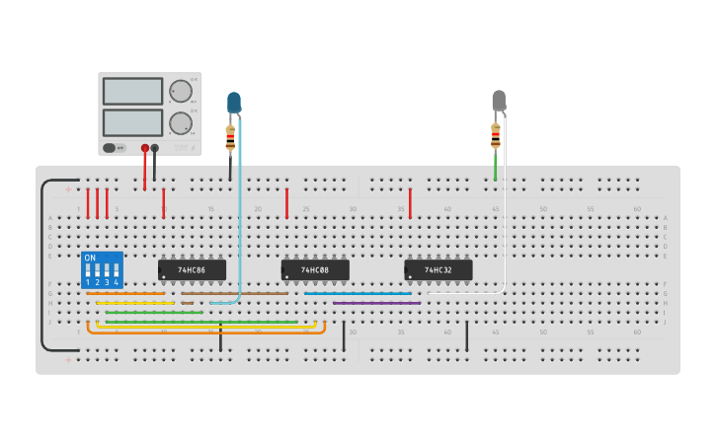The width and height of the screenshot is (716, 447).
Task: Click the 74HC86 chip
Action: click(x=192, y=269)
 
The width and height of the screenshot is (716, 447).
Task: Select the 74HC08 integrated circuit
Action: click(x=315, y=269)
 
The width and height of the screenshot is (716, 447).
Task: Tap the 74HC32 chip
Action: click(x=438, y=269)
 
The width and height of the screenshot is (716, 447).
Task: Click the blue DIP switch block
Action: click(x=102, y=269)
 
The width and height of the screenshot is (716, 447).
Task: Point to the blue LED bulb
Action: click(x=234, y=102)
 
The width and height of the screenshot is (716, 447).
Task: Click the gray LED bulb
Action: click(x=499, y=100)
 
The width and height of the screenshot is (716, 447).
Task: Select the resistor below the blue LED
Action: click(x=231, y=139)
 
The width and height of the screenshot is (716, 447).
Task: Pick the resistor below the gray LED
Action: click(x=496, y=136)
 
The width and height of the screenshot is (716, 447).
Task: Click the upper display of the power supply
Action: click(x=132, y=92)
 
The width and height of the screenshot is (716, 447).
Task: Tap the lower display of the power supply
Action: click(x=132, y=122)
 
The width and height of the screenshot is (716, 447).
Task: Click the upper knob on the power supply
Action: click(x=181, y=92)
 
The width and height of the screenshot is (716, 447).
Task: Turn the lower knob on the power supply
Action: click(x=181, y=123)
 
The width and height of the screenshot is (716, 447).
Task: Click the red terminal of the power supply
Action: click(x=145, y=148)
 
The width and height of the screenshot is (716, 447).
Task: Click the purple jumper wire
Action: click(x=376, y=303)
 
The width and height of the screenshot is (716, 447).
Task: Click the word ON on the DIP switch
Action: click(x=90, y=258)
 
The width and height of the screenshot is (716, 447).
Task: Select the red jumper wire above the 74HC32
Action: click(x=410, y=203)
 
